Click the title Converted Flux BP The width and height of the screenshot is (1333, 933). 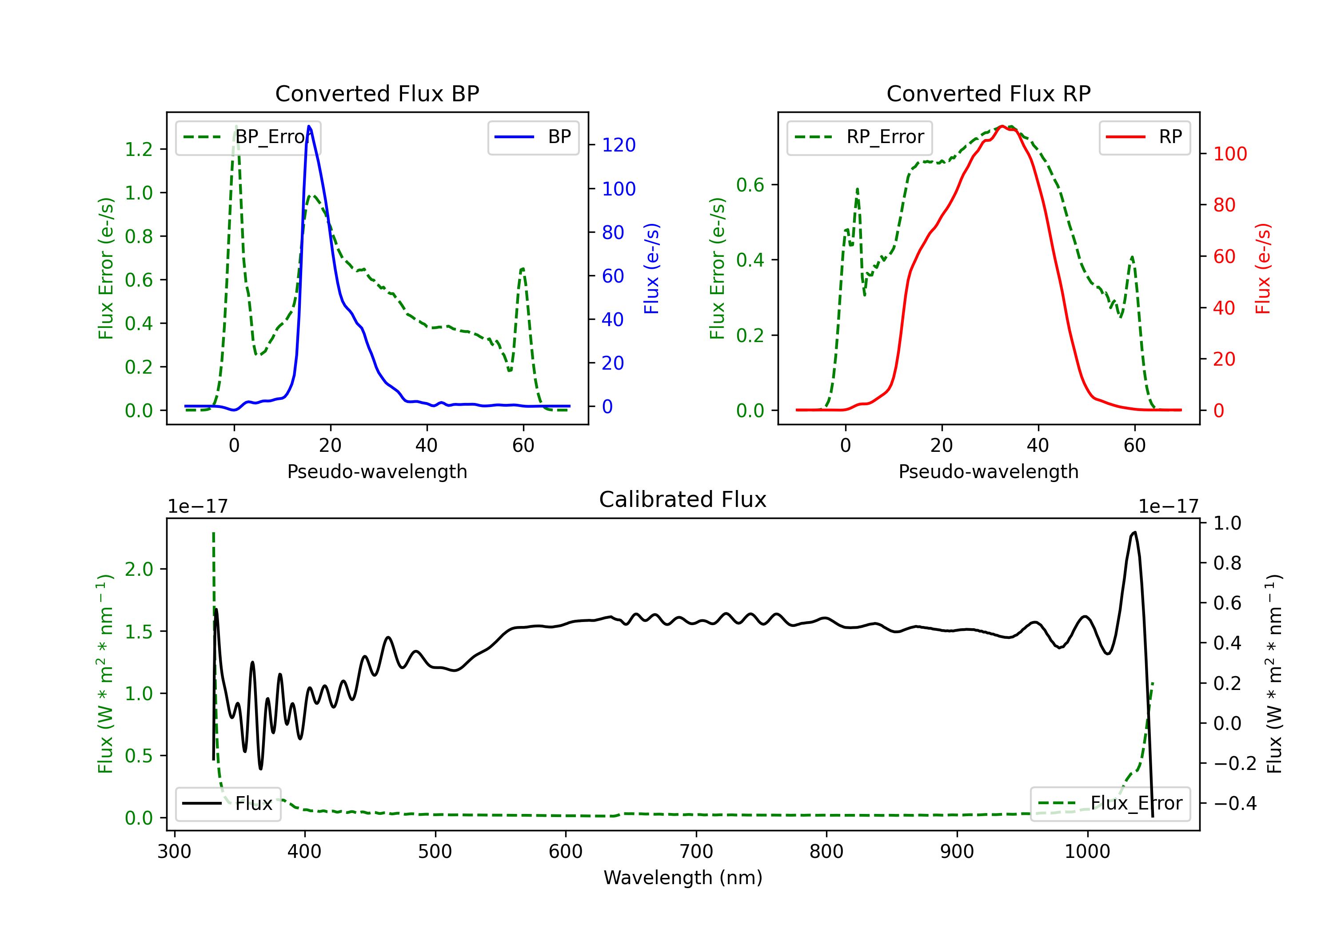pos(377,93)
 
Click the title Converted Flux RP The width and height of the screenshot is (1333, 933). pos(988,93)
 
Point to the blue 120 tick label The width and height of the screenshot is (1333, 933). pos(619,145)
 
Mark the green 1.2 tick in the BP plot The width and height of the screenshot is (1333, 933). pos(139,150)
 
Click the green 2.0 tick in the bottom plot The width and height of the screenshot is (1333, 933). pos(139,570)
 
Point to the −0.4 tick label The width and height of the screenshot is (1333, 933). pos(1234,804)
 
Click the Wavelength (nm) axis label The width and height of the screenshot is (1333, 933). pos(683,877)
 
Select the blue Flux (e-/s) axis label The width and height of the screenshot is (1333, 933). pos(651,268)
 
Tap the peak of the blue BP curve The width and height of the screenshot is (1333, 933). pos(309,126)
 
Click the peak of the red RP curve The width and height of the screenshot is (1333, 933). pos(1002,126)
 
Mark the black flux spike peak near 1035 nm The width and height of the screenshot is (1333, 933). pos(1134,532)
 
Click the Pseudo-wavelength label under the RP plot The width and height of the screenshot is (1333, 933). pos(988,471)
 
